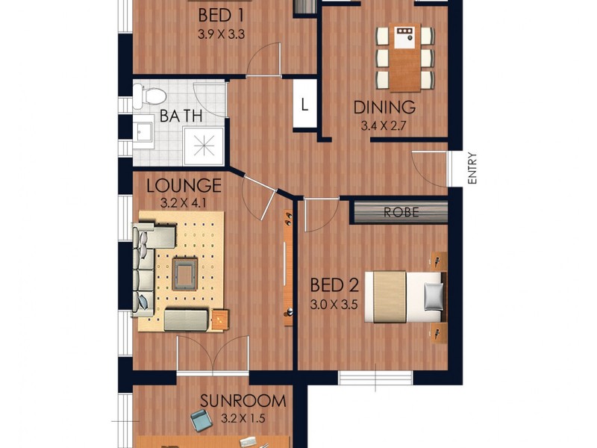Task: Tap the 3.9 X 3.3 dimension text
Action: point(222,34)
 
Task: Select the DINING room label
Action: point(384,108)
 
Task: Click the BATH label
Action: point(181,117)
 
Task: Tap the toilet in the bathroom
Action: point(149,94)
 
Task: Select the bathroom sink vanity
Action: point(144,133)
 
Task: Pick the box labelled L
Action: point(304,105)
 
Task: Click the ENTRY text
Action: point(472,169)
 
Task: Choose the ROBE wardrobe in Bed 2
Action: point(400,212)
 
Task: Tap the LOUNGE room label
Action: point(184,185)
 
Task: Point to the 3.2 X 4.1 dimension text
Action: point(184,202)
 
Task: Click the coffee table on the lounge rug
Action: point(184,275)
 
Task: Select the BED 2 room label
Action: point(335,285)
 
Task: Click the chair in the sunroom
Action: point(200,423)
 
